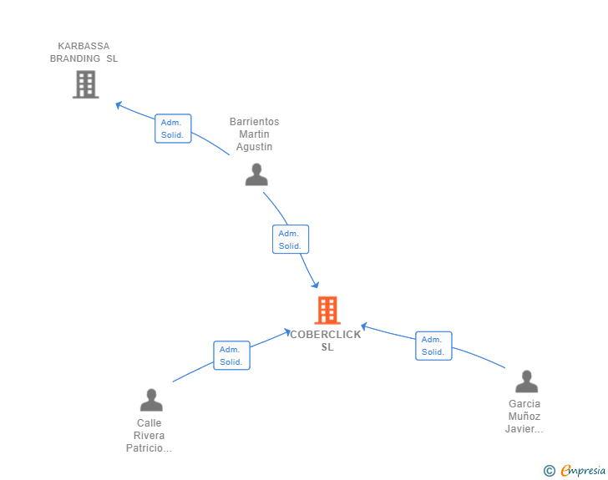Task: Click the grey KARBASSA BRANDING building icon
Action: [x=85, y=84]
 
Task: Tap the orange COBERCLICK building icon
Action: [x=327, y=311]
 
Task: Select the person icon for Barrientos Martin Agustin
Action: [x=256, y=174]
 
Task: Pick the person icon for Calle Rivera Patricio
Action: [x=151, y=400]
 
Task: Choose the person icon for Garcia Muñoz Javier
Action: [x=526, y=381]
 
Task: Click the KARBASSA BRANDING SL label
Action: [x=84, y=53]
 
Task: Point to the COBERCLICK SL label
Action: [x=327, y=341]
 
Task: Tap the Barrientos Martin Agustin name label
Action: [x=255, y=134]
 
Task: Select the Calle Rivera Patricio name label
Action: [x=149, y=436]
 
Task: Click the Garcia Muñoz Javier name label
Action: [x=524, y=417]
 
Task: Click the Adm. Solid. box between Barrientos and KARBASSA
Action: [x=173, y=129]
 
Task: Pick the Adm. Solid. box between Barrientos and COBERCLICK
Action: [x=291, y=240]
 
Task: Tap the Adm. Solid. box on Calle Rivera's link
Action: [x=231, y=356]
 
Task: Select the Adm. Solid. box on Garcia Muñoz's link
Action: [x=433, y=346]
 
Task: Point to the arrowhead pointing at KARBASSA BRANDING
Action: [x=119, y=105]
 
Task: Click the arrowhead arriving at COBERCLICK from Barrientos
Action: [x=314, y=284]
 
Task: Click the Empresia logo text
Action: [x=582, y=472]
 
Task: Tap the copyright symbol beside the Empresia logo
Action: [x=549, y=472]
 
